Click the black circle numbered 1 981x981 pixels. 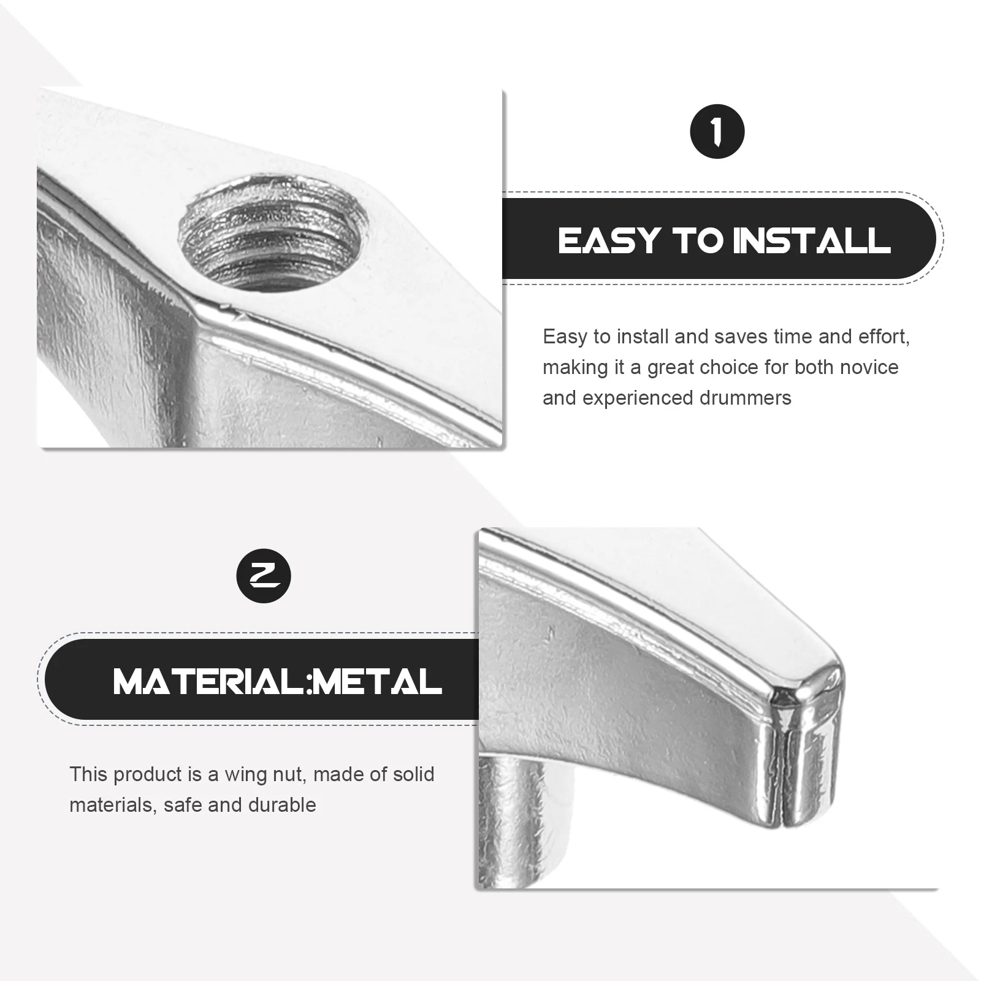coord(717,132)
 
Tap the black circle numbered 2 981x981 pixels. coord(264,576)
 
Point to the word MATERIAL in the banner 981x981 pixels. coord(208,681)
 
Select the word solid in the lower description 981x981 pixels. coord(409,774)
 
